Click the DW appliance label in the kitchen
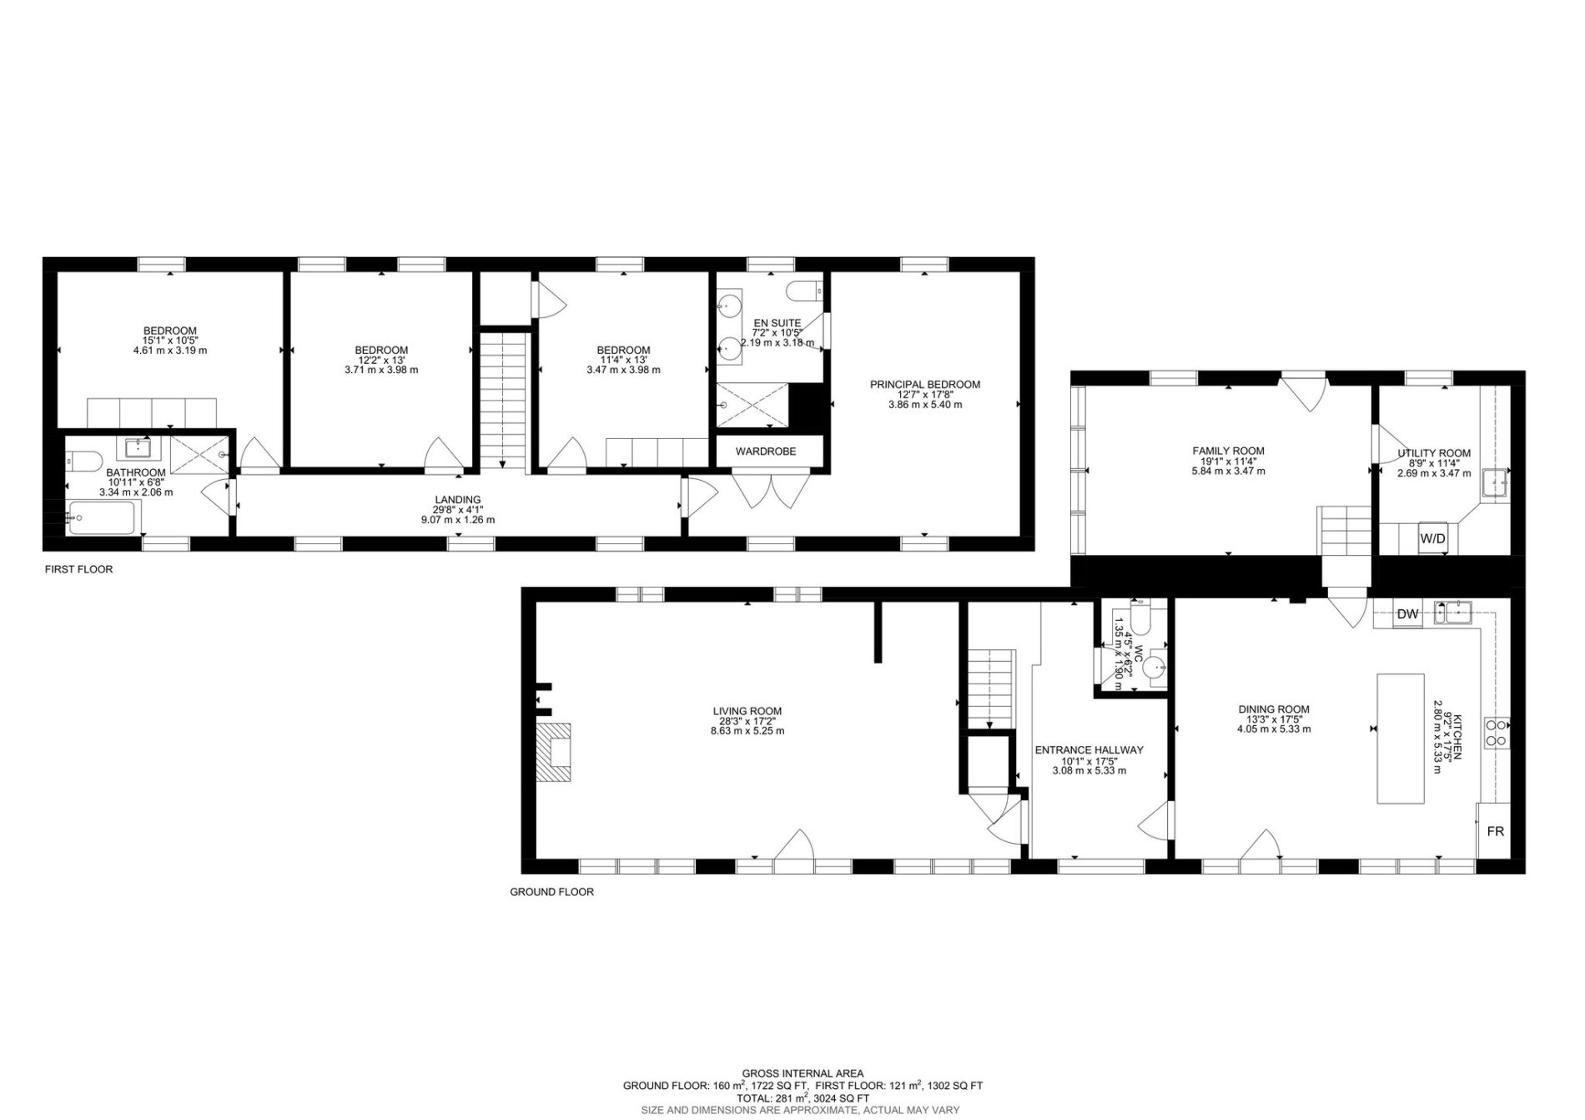[1408, 614]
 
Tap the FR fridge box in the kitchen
[1495, 831]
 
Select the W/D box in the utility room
[1433, 539]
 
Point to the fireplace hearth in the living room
[554, 751]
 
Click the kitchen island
[1401, 739]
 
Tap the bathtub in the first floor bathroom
[102, 518]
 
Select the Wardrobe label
[766, 452]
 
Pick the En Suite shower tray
[752, 406]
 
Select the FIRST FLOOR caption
[78, 569]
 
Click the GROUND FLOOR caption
[552, 892]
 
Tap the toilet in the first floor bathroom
[85, 460]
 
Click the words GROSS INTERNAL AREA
[803, 1073]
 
